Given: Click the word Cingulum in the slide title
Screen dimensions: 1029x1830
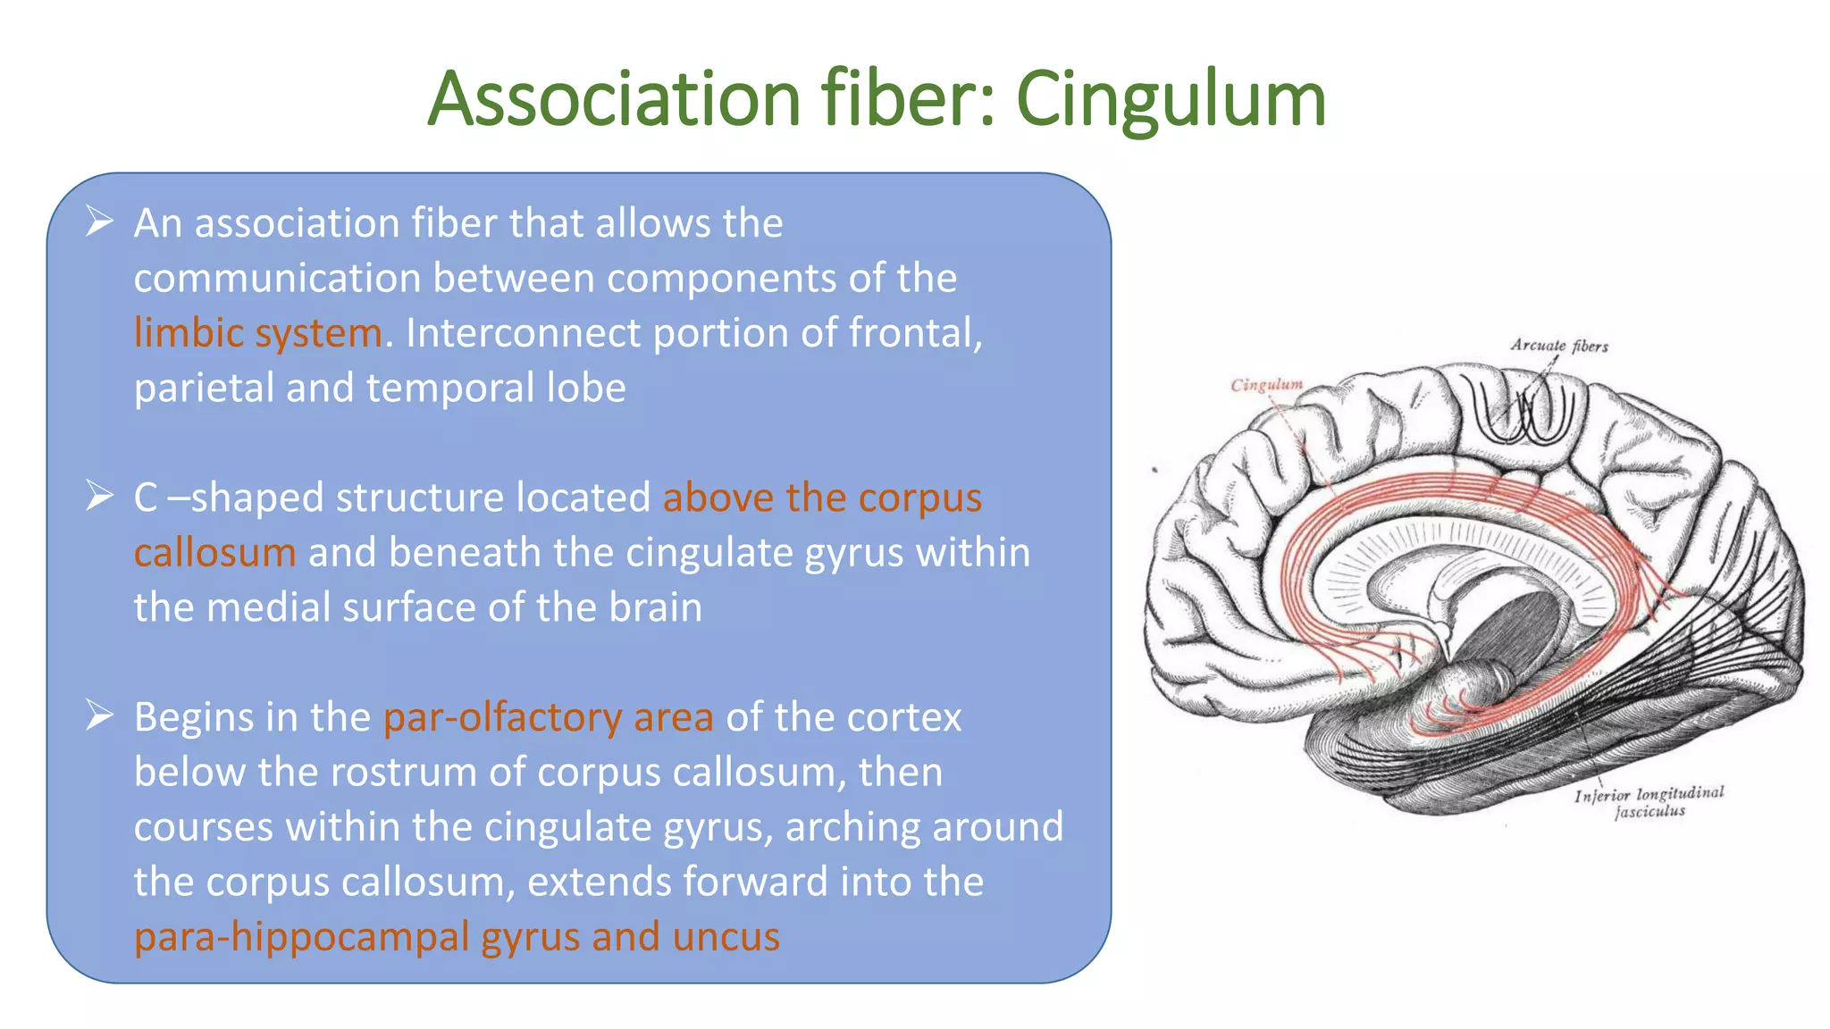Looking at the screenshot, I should (x=1171, y=100).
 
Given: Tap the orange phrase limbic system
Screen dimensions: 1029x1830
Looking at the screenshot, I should (x=258, y=334).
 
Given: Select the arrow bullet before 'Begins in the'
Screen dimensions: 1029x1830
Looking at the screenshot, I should (x=99, y=715).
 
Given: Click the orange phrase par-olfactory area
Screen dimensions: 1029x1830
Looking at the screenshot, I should (x=548, y=717).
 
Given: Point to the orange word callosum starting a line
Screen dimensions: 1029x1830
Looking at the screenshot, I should (x=214, y=553).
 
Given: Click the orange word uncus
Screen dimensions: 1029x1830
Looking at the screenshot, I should (x=726, y=937).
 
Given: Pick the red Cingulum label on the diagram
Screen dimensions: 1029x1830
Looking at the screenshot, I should (x=1266, y=385).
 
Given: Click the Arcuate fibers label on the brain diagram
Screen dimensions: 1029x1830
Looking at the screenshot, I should (x=1558, y=346).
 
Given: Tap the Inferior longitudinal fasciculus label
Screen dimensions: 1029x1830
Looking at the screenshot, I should (x=1649, y=801).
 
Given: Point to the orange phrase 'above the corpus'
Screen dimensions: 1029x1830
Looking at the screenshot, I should (x=821, y=498).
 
